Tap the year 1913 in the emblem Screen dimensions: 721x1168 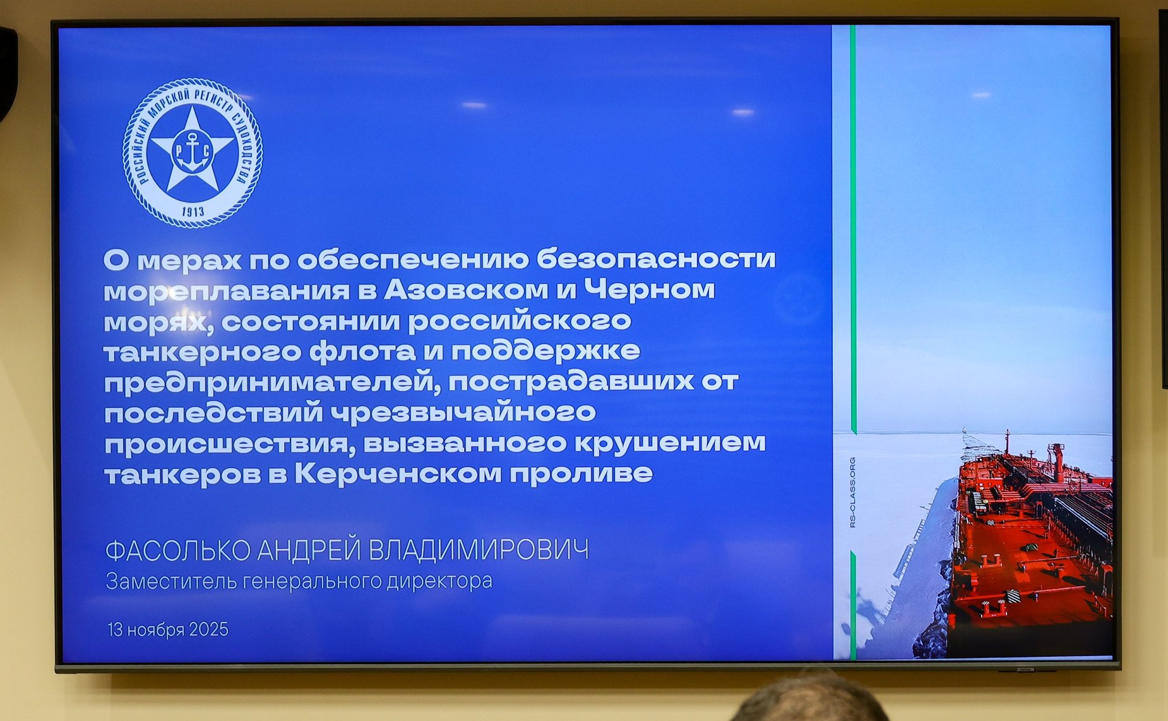coord(193,212)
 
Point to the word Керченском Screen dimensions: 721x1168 coord(398,474)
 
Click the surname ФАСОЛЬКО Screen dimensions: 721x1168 coord(177,551)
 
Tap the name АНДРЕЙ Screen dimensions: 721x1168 coord(309,551)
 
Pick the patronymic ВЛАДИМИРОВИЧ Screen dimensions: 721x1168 coord(478,551)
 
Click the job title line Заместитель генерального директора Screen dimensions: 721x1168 coord(299,581)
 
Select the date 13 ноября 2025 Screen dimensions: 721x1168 coord(168,629)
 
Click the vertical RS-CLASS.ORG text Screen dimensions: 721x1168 coord(852,492)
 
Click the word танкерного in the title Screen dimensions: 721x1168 coord(202,351)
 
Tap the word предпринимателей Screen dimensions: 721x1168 coord(271,382)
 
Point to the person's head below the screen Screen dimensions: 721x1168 coord(811,701)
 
